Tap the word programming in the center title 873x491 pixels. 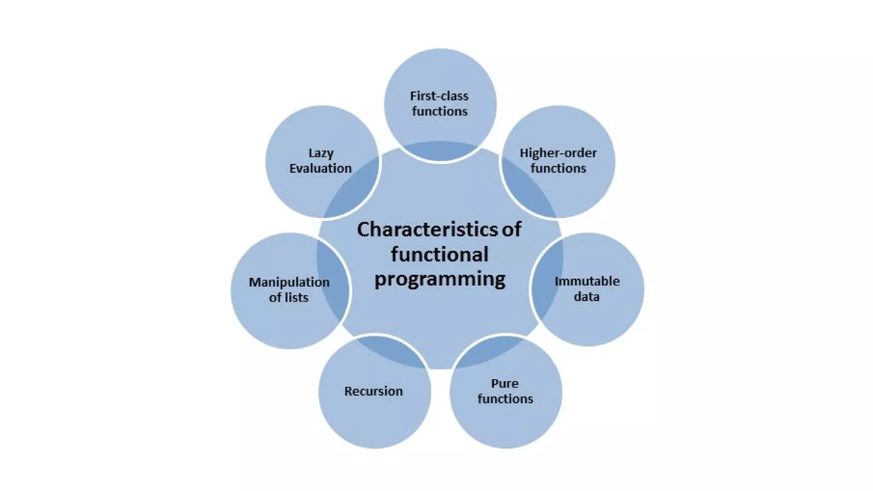(x=440, y=280)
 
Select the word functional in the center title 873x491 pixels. (x=439, y=254)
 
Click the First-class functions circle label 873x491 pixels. (x=439, y=104)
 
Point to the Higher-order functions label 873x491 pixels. (x=558, y=161)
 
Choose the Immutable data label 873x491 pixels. (x=587, y=289)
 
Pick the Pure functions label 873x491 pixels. (x=505, y=391)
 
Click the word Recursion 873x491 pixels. (x=373, y=391)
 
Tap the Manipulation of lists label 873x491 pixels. (x=289, y=290)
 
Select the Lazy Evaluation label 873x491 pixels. (x=321, y=161)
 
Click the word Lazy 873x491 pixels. (x=321, y=153)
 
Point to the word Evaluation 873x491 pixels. (x=321, y=168)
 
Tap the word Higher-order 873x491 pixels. (x=558, y=153)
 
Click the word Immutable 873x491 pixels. (x=587, y=281)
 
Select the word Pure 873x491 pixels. (x=505, y=384)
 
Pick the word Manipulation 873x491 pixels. (x=289, y=282)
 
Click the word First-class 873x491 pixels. (x=439, y=96)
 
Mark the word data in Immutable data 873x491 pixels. (x=587, y=297)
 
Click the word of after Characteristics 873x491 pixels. (x=511, y=229)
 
